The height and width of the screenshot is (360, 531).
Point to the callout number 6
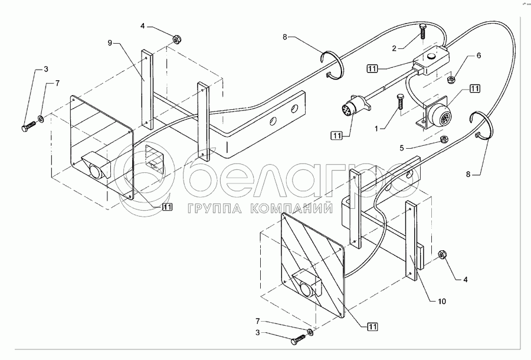click(478, 55)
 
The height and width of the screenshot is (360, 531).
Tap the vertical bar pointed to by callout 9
click(146, 89)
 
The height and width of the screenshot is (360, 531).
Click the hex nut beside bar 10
click(441, 254)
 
